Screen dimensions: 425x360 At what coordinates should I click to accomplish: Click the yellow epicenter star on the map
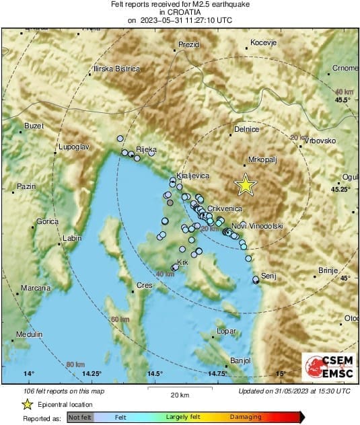tap(246, 185)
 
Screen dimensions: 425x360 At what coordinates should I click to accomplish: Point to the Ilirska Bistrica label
tap(116, 69)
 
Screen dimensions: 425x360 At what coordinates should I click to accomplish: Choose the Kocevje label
tap(263, 43)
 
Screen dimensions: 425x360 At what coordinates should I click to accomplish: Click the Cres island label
tap(145, 286)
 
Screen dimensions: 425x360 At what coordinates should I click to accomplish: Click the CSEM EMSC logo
tap(328, 367)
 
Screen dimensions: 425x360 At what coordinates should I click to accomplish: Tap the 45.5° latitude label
tap(343, 100)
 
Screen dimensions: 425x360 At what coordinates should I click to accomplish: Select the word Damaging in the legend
tap(246, 417)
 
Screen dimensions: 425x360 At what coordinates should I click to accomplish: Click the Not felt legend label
tap(81, 417)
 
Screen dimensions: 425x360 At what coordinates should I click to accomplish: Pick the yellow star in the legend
tap(27, 404)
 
